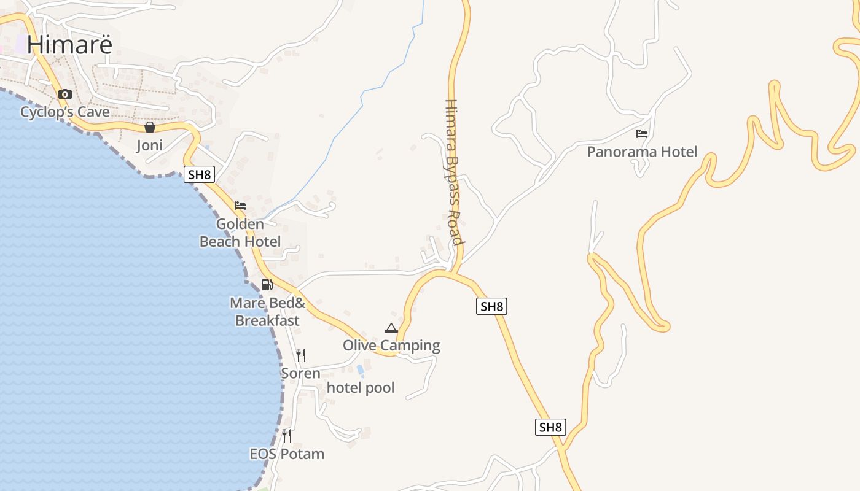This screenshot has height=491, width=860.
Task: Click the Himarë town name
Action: tap(69, 44)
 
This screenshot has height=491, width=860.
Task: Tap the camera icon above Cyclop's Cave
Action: tap(64, 94)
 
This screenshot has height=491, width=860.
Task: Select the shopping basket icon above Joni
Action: tap(149, 127)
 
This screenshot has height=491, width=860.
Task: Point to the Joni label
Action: tap(149, 145)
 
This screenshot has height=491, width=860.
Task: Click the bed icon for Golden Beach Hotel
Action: tap(240, 205)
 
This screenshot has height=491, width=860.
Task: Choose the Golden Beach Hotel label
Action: tap(240, 233)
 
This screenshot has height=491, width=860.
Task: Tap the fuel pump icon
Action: tap(267, 284)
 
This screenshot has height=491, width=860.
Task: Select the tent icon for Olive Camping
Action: tap(391, 328)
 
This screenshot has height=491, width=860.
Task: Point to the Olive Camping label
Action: tap(391, 346)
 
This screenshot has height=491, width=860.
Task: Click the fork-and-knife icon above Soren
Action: tap(301, 355)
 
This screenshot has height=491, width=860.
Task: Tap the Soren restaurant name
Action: tap(300, 373)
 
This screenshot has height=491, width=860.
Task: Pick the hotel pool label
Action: tap(361, 387)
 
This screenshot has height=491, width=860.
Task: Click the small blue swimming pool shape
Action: tap(360, 369)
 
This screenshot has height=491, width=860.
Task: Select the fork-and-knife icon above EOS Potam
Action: tap(287, 436)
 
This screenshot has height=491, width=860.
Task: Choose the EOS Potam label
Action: tap(287, 454)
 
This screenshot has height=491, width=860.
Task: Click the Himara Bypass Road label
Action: tap(453, 172)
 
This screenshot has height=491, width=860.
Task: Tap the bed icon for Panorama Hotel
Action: tap(642, 133)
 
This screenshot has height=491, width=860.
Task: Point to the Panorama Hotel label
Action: tap(642, 152)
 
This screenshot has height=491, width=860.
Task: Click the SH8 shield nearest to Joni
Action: tap(200, 174)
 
